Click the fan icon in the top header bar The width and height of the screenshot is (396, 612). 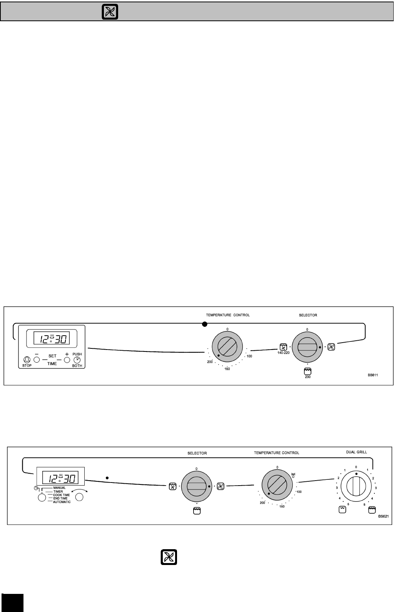(110, 12)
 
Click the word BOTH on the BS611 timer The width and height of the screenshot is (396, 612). (77, 365)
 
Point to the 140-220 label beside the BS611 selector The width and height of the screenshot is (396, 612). (283, 353)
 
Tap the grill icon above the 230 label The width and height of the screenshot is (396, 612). (307, 371)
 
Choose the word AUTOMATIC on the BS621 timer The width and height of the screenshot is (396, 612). (62, 502)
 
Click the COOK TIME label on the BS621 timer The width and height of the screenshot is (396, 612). (61, 495)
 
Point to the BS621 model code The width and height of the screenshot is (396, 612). (383, 516)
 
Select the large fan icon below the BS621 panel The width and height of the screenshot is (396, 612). (169, 557)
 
